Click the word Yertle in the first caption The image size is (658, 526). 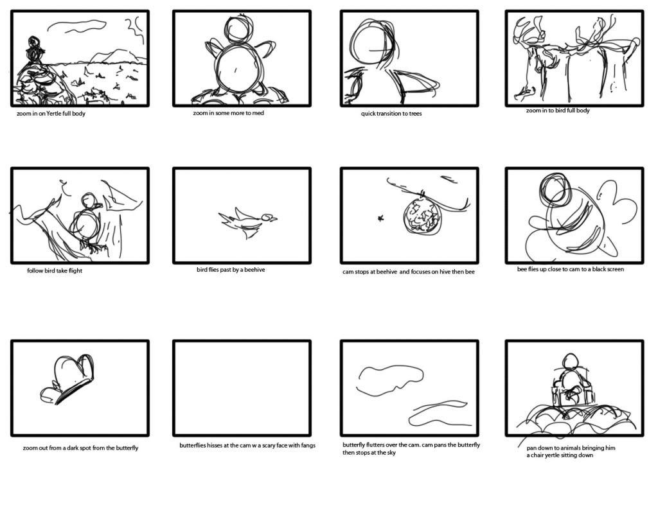pyautogui.click(x=54, y=114)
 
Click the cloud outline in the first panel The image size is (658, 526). pyautogui.click(x=77, y=26)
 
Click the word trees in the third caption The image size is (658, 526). pyautogui.click(x=415, y=114)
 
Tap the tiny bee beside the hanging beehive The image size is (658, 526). pyautogui.click(x=381, y=218)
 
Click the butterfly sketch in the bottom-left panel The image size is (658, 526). pyautogui.click(x=67, y=380)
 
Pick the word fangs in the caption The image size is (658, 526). pyautogui.click(x=308, y=446)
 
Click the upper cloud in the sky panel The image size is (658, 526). pyautogui.click(x=390, y=380)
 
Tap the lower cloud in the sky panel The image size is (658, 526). pyautogui.click(x=438, y=414)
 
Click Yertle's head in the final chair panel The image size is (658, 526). pyautogui.click(x=570, y=361)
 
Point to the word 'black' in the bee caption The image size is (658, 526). pyautogui.click(x=600, y=269)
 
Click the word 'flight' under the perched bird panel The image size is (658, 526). pyautogui.click(x=75, y=271)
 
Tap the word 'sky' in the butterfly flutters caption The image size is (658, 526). pyautogui.click(x=391, y=453)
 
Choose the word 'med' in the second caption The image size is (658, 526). pyautogui.click(x=258, y=113)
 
